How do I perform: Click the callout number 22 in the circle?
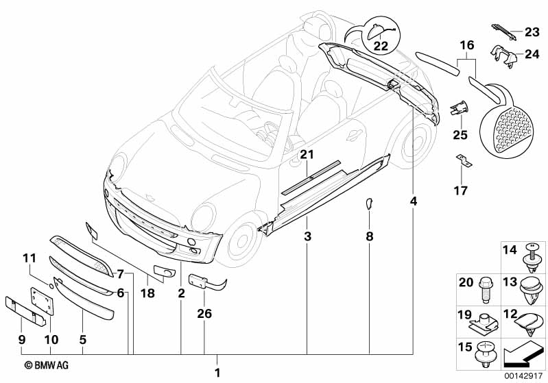[x=381, y=46]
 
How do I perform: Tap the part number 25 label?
[x=460, y=135]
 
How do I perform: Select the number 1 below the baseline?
[x=217, y=373]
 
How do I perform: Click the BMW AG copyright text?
[x=47, y=365]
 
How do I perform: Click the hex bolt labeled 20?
[x=484, y=289]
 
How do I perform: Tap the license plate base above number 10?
[x=42, y=301]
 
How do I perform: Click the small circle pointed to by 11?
[x=51, y=286]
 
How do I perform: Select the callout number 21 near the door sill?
[x=307, y=154]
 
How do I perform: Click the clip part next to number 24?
[x=502, y=55]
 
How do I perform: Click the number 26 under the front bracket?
[x=204, y=314]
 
